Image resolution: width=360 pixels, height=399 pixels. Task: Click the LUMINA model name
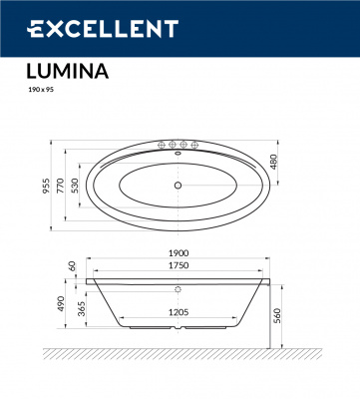point(62,71)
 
